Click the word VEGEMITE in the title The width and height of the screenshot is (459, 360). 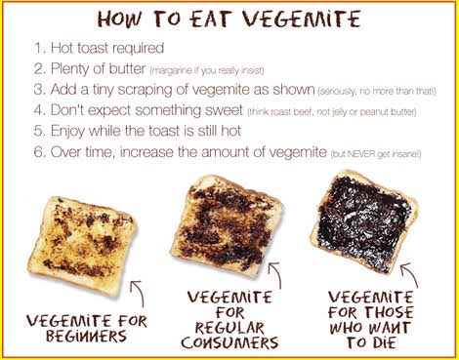point(302,19)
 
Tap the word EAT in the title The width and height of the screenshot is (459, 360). point(211,19)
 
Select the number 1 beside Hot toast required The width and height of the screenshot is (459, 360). point(38,48)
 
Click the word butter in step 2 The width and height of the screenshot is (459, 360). point(127,69)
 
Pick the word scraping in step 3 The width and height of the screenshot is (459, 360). point(145,90)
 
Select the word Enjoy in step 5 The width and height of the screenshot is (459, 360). point(67,132)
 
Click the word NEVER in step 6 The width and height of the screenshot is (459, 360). point(360,154)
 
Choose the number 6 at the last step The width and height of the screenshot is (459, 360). point(38,152)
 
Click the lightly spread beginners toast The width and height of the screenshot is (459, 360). point(82,245)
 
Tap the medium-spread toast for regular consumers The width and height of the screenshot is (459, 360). point(226,223)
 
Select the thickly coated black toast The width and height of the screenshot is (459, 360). point(363,221)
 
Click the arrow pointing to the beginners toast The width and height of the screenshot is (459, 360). point(140,291)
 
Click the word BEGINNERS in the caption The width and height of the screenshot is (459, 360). point(86,336)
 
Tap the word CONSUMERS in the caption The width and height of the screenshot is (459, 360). point(229,342)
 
